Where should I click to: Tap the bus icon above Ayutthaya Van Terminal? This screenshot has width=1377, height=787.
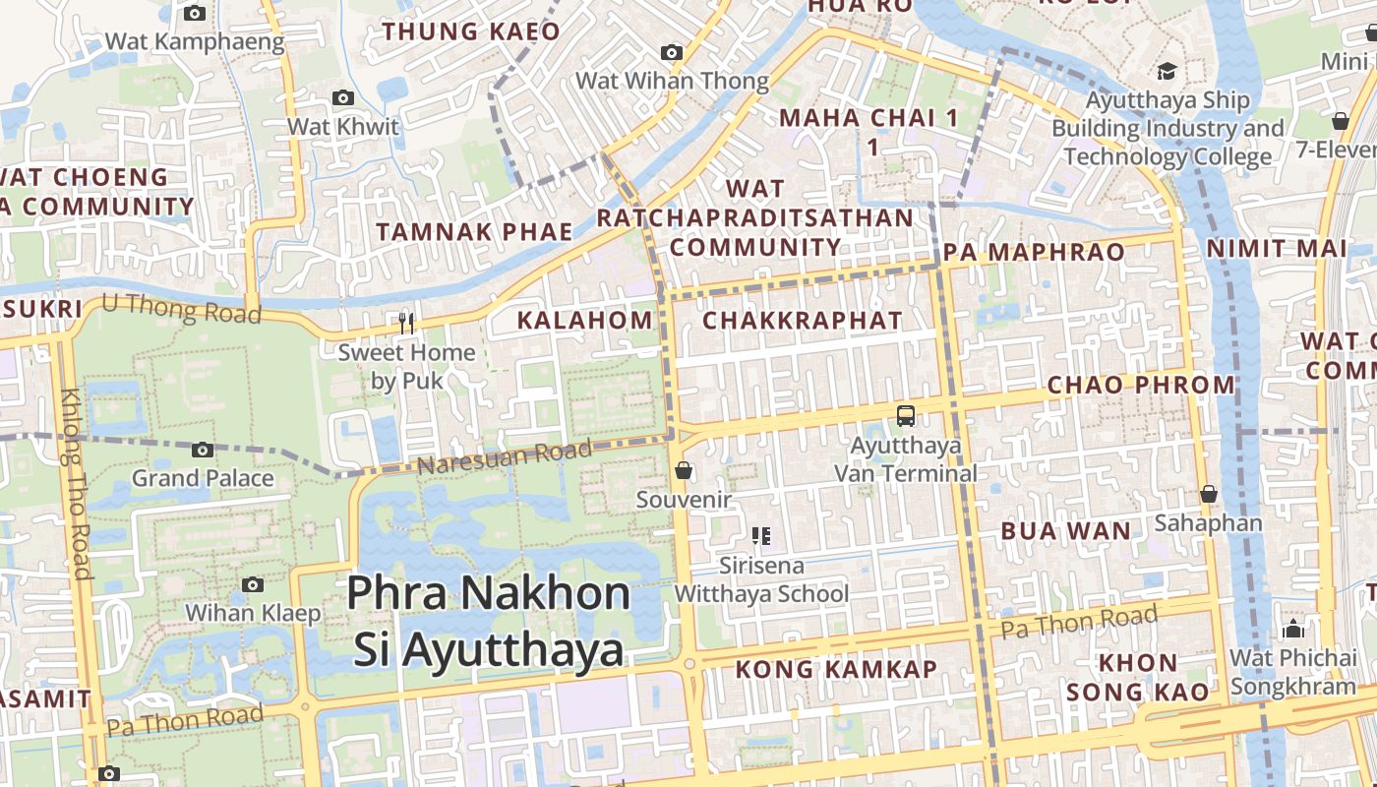pyautogui.click(x=906, y=416)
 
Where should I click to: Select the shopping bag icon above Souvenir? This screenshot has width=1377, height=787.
pyautogui.click(x=684, y=471)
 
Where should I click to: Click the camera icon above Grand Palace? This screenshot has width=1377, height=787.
pyautogui.click(x=203, y=450)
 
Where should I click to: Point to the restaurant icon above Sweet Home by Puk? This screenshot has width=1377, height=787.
pyautogui.click(x=406, y=323)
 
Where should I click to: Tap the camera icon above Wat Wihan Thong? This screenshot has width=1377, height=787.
pyautogui.click(x=672, y=52)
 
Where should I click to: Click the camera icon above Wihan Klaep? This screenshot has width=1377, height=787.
pyautogui.click(x=253, y=584)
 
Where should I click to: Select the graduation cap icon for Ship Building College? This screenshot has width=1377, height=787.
pyautogui.click(x=1167, y=71)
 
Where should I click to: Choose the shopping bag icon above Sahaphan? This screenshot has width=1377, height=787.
pyautogui.click(x=1208, y=494)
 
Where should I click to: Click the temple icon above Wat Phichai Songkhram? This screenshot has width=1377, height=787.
pyautogui.click(x=1292, y=629)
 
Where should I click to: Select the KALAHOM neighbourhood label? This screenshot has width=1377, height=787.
pyautogui.click(x=584, y=320)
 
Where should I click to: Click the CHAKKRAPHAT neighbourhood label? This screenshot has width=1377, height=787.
pyautogui.click(x=802, y=320)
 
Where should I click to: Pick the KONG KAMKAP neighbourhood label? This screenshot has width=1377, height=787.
pyautogui.click(x=837, y=670)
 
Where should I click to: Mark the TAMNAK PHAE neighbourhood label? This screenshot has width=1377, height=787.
pyautogui.click(x=474, y=232)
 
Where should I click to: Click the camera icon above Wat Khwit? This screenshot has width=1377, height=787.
pyautogui.click(x=343, y=97)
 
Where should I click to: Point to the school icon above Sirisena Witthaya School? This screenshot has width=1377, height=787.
pyautogui.click(x=760, y=536)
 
